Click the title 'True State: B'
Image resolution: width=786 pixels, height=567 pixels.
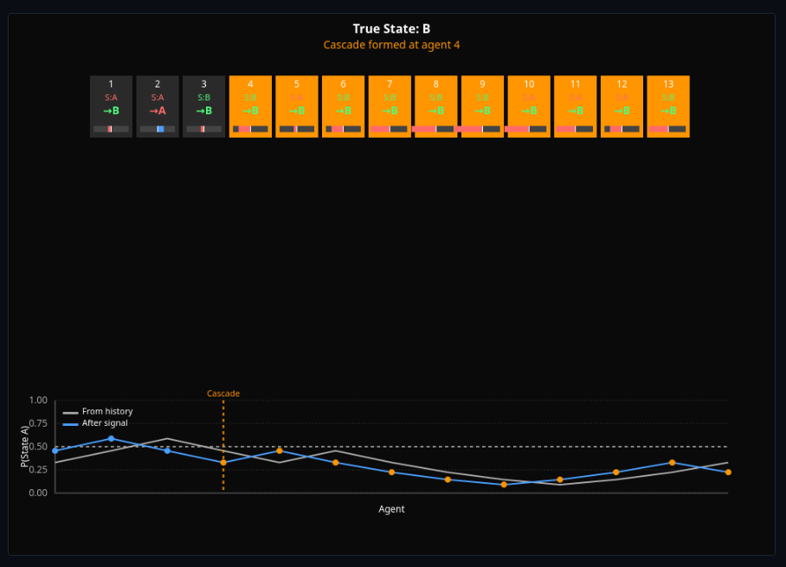tap(392, 29)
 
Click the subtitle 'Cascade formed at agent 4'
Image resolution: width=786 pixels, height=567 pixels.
tap(392, 44)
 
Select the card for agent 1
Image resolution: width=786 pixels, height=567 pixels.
tap(111, 106)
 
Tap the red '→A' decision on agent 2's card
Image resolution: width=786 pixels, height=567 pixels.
tap(158, 111)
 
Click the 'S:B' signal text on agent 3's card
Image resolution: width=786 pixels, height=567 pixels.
tap(204, 98)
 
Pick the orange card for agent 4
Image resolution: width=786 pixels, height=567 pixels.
tap(250, 106)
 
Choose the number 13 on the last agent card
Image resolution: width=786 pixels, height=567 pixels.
tap(668, 84)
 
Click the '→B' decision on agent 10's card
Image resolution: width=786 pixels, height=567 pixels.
tap(529, 111)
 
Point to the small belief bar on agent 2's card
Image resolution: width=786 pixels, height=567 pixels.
tap(158, 129)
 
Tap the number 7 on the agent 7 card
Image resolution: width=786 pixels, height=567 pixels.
tap(390, 84)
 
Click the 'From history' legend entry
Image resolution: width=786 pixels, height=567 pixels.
tap(107, 411)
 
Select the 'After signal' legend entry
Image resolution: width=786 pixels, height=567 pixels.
tap(105, 422)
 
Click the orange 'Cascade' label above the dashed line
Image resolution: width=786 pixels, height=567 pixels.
tap(223, 394)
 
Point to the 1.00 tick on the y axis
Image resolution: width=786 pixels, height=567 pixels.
tap(37, 401)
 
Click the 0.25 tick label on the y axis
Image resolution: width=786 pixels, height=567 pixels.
tap(37, 470)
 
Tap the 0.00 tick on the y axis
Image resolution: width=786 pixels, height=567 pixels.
tap(37, 493)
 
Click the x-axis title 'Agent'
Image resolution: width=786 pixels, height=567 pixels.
tap(391, 509)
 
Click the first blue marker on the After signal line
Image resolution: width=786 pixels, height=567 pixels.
tap(55, 451)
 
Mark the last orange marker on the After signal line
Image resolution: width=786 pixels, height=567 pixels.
tap(728, 472)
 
